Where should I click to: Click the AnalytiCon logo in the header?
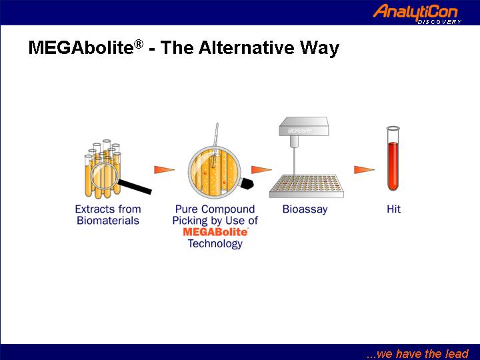coord(417,13)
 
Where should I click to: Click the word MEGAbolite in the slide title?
coord(81,47)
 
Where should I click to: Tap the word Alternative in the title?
coord(247,47)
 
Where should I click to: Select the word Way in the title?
coord(319,49)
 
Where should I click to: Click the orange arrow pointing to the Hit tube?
coord(364,169)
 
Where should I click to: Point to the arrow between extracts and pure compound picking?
coord(165,169)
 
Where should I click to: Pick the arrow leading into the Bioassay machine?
coord(261,169)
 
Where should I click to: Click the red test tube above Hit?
coord(393,158)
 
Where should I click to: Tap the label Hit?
coord(393,209)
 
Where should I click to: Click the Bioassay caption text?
coord(305,209)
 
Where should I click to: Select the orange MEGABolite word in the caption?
coord(215,232)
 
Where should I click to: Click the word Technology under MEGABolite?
coord(215,244)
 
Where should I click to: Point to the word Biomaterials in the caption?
coord(108,221)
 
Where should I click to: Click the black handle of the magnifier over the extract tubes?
coord(135,187)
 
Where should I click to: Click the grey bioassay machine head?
coord(304,127)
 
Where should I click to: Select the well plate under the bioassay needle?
coord(307,186)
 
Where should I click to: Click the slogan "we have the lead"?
coord(417,353)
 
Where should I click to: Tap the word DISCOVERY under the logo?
coord(439,22)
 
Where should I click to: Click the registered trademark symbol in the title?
coord(139,44)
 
